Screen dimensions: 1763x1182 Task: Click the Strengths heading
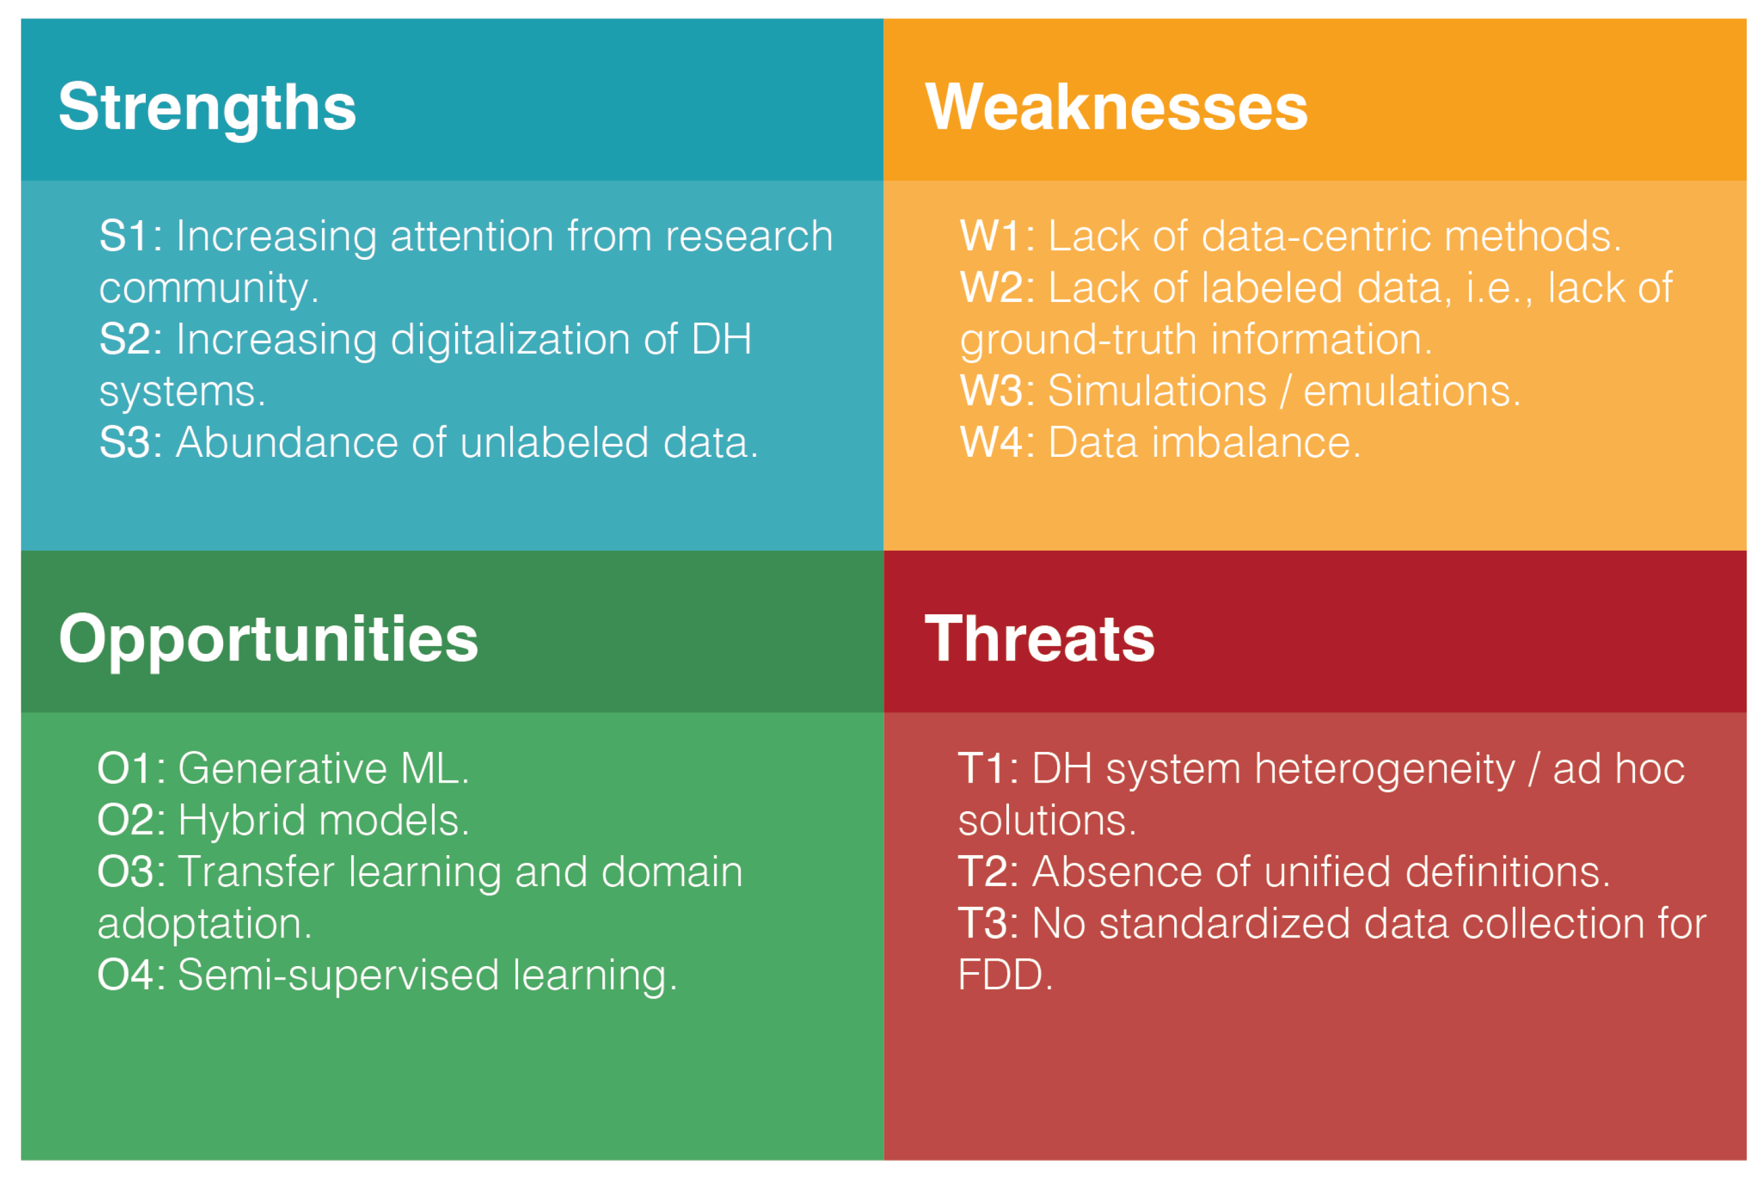(x=207, y=108)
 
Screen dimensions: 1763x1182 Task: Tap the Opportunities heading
(x=268, y=639)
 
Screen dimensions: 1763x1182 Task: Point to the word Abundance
(x=287, y=443)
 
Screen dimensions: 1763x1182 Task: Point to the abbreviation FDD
(x=1003, y=975)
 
